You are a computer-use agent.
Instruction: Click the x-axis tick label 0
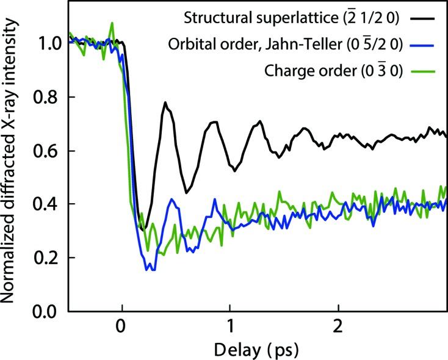click(x=123, y=328)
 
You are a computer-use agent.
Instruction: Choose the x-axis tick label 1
click(x=230, y=328)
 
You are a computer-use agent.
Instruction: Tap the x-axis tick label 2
click(x=338, y=328)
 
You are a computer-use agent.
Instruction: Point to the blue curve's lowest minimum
click(x=151, y=270)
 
